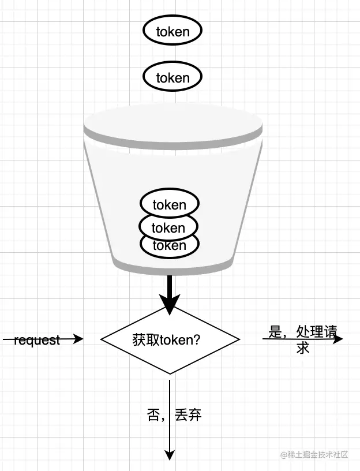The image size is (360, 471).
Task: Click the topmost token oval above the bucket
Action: click(172, 31)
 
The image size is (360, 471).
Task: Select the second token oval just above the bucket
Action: click(172, 77)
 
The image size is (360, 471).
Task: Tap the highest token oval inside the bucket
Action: click(170, 204)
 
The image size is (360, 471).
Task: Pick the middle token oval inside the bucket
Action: click(169, 227)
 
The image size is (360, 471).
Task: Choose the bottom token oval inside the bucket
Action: click(170, 246)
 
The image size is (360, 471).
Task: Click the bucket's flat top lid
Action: click(173, 123)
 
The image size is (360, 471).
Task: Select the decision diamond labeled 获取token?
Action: click(170, 340)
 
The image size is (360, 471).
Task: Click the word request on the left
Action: click(36, 340)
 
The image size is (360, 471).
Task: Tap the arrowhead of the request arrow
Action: click(79, 339)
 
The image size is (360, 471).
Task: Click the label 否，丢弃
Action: click(174, 415)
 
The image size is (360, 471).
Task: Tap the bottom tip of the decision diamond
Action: click(170, 373)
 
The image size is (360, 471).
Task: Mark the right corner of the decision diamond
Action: click(239, 340)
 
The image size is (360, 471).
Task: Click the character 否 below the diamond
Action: click(153, 415)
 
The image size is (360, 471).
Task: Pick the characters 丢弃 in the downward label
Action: click(187, 415)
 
